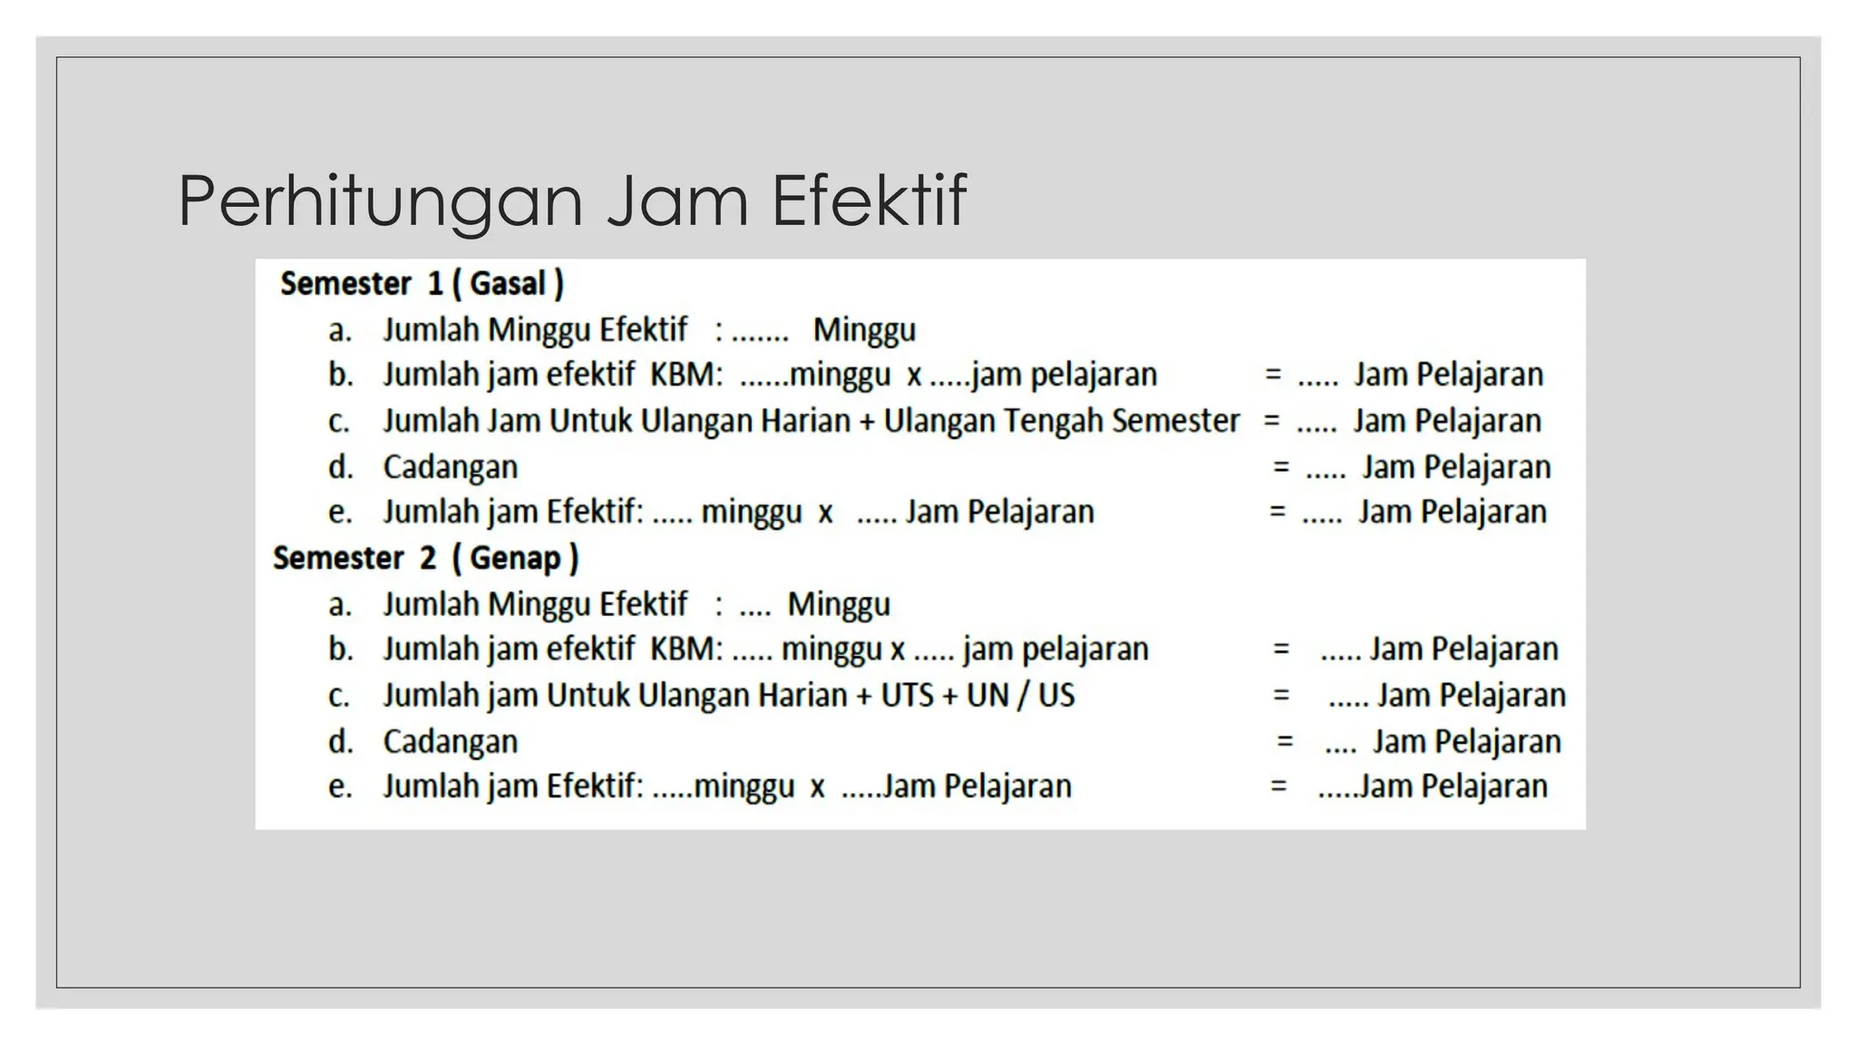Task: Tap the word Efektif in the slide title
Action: coord(869,200)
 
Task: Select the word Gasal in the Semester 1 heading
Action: coord(508,284)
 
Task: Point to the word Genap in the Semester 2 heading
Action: coord(515,558)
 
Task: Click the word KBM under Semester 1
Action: coord(685,375)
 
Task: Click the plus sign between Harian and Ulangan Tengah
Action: coord(868,422)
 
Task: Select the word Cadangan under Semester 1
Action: coord(450,467)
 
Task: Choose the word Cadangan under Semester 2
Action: coord(450,741)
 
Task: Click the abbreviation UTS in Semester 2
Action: coord(907,696)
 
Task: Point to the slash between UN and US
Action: coord(1022,696)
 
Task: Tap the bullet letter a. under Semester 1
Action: coord(340,330)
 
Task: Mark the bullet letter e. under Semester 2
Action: coord(340,786)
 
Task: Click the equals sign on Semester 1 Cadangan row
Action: coord(1280,467)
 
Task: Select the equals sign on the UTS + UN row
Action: coord(1280,696)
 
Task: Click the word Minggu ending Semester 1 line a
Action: coord(864,330)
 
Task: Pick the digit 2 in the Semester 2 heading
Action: coord(428,558)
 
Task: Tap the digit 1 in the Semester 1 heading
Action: coord(435,284)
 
